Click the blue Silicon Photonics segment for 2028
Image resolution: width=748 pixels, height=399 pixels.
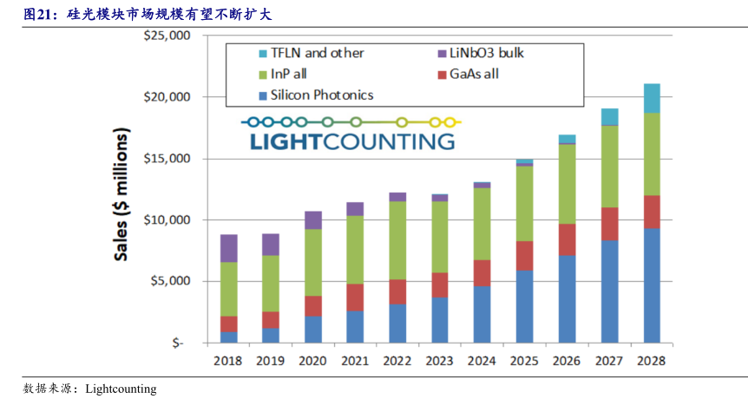652,285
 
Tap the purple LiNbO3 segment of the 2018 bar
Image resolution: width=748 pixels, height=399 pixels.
228,248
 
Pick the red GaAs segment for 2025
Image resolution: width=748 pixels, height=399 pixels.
525,255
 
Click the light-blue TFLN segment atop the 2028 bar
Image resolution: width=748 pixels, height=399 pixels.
652,98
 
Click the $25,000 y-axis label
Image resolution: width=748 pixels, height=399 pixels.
167,36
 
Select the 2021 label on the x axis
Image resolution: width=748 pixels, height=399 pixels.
355,360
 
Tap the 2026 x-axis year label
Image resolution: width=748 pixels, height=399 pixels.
567,360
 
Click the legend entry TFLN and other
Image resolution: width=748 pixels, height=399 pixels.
316,53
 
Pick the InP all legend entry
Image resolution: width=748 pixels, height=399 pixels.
292,74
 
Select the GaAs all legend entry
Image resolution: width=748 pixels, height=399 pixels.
474,74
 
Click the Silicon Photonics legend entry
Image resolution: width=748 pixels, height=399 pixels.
321,95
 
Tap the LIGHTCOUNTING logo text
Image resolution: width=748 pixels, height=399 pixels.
351,141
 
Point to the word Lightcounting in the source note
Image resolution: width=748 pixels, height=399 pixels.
121,389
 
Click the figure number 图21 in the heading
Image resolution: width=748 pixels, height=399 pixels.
39,14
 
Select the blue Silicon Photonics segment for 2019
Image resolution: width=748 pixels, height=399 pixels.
271,335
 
